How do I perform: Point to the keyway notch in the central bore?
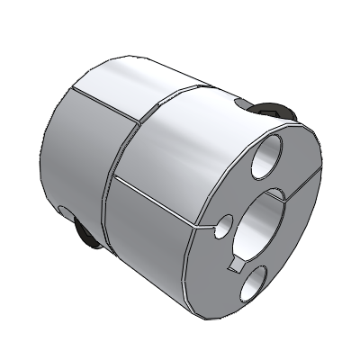point(238,262)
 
